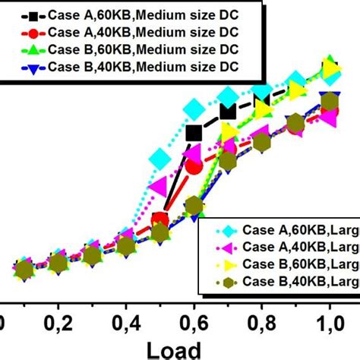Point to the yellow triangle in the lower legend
click(225, 265)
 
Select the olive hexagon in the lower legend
click(225, 283)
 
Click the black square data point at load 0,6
click(194, 133)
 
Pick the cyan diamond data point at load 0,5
click(160, 159)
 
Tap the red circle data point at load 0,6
click(194, 165)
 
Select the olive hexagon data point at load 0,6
click(194, 206)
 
